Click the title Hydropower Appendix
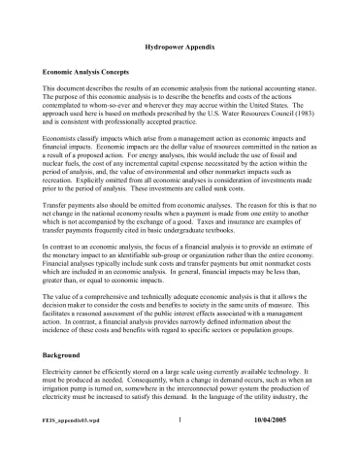(x=180, y=47)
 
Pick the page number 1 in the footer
(x=180, y=449)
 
